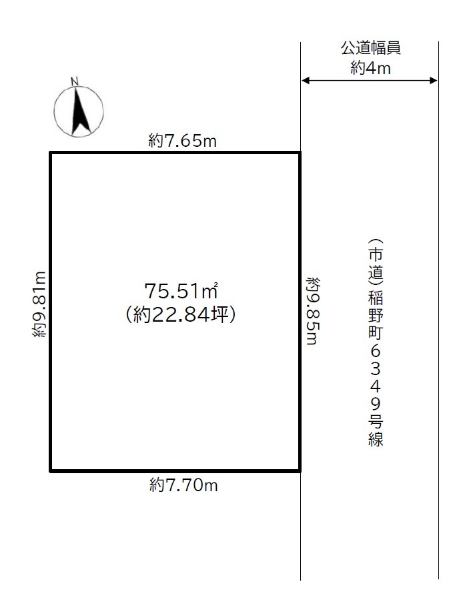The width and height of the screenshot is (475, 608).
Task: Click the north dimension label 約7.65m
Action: [x=182, y=140]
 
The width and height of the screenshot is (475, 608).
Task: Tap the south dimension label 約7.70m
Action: [x=183, y=485]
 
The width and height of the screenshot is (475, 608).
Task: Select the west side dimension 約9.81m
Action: [x=39, y=304]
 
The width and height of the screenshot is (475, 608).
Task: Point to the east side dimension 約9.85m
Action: [x=312, y=310]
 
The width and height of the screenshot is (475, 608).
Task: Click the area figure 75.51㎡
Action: [x=181, y=291]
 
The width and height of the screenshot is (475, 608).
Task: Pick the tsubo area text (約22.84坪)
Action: [x=181, y=314]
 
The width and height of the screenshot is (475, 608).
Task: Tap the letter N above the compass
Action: [x=75, y=81]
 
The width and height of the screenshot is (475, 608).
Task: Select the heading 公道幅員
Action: [x=371, y=48]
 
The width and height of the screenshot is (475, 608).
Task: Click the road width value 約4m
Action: [x=370, y=68]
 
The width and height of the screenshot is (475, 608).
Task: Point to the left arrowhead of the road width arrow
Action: [x=305, y=81]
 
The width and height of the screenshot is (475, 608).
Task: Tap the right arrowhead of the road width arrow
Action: [x=434, y=81]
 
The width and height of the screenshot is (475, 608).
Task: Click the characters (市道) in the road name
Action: [x=376, y=262]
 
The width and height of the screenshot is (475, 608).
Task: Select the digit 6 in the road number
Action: [x=376, y=351]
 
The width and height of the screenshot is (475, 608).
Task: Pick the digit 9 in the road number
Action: [x=376, y=404]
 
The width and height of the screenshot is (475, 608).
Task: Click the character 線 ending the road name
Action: [x=376, y=439]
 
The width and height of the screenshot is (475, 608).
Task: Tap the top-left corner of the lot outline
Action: [x=51, y=153]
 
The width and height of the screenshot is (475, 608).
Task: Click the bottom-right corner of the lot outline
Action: [x=300, y=471]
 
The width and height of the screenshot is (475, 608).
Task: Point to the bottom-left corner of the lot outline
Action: [x=51, y=471]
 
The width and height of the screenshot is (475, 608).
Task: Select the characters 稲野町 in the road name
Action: [x=376, y=315]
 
